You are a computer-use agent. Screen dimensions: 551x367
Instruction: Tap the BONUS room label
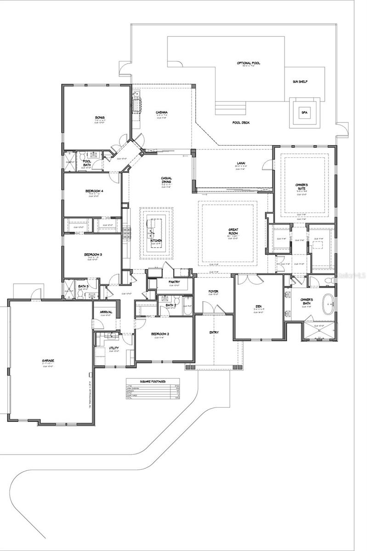(x=100, y=118)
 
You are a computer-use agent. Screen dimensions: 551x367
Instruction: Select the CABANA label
(x=161, y=112)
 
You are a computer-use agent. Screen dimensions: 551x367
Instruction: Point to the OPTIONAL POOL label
(x=248, y=63)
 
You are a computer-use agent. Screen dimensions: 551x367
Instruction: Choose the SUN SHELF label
(x=300, y=82)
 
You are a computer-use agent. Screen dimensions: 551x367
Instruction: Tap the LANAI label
(x=241, y=163)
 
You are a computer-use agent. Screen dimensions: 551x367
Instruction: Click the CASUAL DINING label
(x=166, y=181)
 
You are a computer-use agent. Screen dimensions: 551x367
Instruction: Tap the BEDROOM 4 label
(x=94, y=191)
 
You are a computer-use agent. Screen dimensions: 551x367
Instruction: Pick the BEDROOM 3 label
(x=93, y=255)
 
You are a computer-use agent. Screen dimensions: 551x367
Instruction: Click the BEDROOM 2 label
(x=161, y=334)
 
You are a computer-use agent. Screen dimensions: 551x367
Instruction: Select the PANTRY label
(x=174, y=282)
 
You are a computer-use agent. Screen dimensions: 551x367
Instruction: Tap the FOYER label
(x=213, y=291)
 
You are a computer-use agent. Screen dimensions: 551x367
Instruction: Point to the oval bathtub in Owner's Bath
(x=328, y=305)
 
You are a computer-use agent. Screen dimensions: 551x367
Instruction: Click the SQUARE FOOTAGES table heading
(x=153, y=381)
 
